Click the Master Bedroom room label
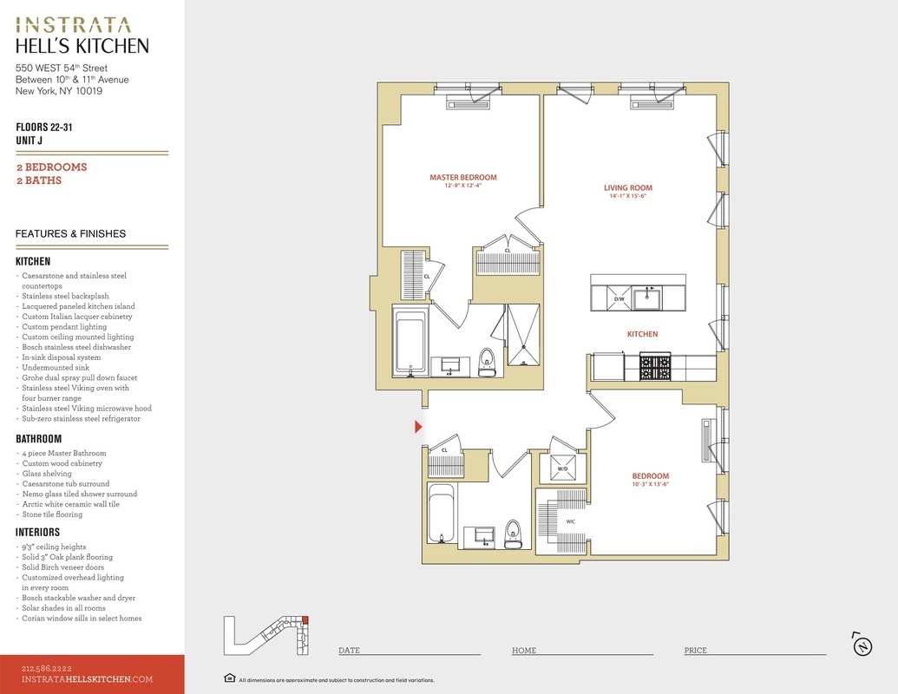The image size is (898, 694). click(463, 178)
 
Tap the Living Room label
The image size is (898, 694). click(627, 188)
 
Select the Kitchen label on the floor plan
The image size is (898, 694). click(643, 334)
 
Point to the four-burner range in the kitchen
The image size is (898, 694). click(655, 367)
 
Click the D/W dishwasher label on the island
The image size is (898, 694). click(619, 299)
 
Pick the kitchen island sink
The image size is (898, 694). click(647, 298)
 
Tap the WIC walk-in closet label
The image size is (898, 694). click(570, 521)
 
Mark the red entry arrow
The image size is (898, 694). click(419, 427)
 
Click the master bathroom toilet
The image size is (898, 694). click(488, 363)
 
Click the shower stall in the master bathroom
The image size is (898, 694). click(523, 335)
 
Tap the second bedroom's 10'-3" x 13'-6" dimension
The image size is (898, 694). click(651, 484)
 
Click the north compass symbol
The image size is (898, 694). click(862, 645)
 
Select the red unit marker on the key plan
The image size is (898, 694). click(305, 619)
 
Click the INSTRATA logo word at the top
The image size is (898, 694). click(73, 25)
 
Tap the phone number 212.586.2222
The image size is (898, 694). click(47, 668)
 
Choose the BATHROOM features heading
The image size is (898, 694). click(38, 439)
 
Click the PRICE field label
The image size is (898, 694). click(695, 651)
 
